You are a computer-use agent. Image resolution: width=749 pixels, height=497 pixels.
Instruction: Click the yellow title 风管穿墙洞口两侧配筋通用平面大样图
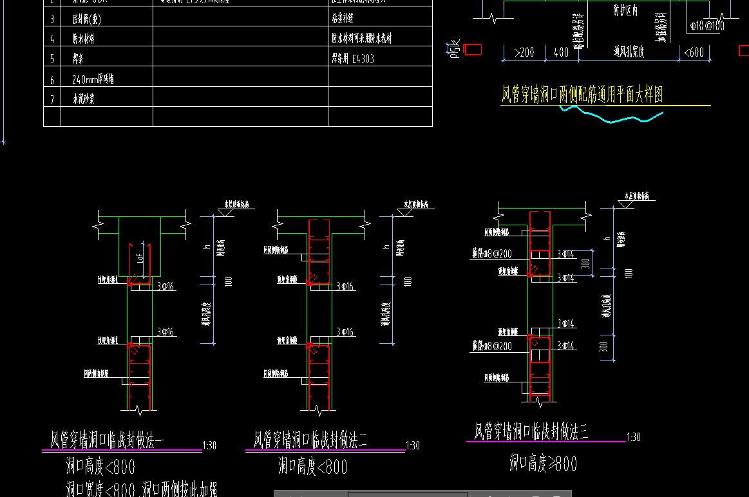click(x=582, y=95)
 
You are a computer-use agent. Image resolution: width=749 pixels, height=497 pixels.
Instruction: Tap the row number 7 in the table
click(x=52, y=100)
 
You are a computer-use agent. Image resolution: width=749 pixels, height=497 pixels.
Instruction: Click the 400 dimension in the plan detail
click(x=561, y=53)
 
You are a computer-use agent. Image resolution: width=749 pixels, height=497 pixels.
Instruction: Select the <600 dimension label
click(x=694, y=53)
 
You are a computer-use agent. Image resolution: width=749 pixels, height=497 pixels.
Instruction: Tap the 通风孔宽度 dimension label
click(x=629, y=52)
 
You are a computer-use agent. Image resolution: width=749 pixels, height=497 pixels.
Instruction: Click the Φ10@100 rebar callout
click(x=706, y=26)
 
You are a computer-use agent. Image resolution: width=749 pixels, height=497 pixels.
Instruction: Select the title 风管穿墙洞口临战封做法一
click(x=108, y=440)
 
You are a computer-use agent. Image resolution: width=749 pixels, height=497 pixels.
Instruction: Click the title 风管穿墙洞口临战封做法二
click(x=311, y=440)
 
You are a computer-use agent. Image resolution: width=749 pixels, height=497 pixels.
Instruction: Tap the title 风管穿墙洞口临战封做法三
click(x=531, y=431)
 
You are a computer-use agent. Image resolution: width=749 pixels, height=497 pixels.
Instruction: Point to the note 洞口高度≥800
click(x=543, y=464)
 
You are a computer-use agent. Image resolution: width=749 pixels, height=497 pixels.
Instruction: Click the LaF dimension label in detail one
click(x=140, y=258)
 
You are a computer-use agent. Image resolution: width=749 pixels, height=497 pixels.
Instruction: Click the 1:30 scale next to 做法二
click(x=413, y=445)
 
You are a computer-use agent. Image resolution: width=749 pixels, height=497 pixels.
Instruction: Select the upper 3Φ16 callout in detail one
click(x=166, y=286)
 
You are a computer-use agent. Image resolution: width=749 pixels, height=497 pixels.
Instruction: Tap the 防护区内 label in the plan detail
click(x=625, y=11)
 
